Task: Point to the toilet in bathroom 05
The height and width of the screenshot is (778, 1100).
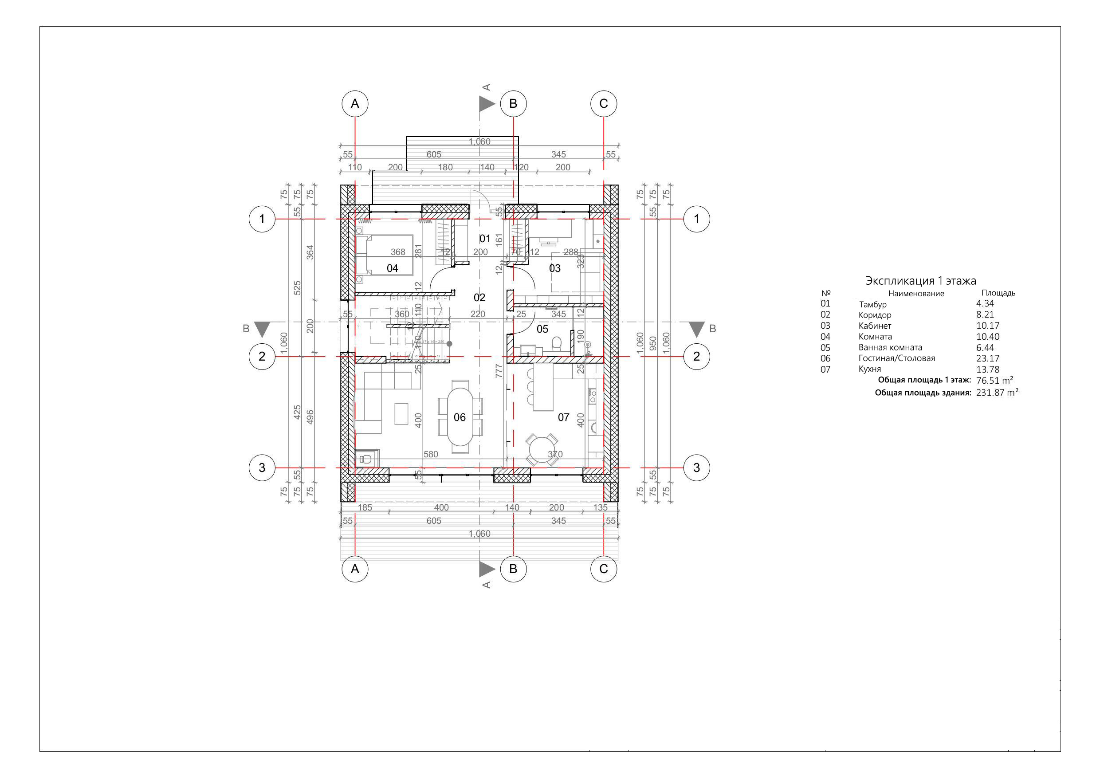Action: pyautogui.click(x=556, y=343)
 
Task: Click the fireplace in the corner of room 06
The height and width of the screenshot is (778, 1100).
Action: pyautogui.click(x=366, y=459)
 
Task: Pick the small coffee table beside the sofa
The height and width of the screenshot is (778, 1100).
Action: pyautogui.click(x=401, y=413)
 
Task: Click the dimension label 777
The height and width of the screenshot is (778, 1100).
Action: pyautogui.click(x=499, y=371)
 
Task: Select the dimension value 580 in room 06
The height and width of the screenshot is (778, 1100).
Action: pyautogui.click(x=431, y=454)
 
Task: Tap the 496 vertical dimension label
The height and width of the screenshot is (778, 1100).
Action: pyautogui.click(x=310, y=417)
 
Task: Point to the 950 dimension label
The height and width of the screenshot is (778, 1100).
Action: pyautogui.click(x=652, y=343)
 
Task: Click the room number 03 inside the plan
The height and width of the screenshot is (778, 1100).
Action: pyautogui.click(x=555, y=268)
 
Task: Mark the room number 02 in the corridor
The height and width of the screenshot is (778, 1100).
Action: pyautogui.click(x=479, y=298)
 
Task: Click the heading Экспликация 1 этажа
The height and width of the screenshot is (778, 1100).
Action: pyautogui.click(x=920, y=281)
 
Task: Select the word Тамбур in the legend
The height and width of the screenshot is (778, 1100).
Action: pyautogui.click(x=872, y=304)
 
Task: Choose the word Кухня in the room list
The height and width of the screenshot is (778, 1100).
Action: pyautogui.click(x=869, y=369)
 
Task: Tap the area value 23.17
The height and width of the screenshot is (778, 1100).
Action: pyautogui.click(x=987, y=358)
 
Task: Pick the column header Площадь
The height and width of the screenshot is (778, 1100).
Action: pyautogui.click(x=998, y=293)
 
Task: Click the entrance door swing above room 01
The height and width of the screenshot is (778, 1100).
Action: pyautogui.click(x=478, y=199)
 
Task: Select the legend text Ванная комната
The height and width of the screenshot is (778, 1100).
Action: pyautogui.click(x=890, y=347)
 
